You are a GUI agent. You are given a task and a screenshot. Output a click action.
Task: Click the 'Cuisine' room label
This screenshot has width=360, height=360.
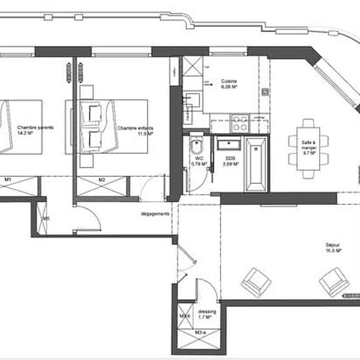point(229,80)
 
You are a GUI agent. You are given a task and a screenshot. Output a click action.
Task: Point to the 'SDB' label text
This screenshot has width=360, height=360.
point(230,159)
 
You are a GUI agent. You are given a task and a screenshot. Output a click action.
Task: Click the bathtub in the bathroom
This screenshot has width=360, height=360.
point(254,164)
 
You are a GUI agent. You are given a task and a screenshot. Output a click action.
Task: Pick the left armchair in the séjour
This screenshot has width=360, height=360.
point(256,281)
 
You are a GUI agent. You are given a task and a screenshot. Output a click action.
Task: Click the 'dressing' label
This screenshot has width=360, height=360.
point(207,312)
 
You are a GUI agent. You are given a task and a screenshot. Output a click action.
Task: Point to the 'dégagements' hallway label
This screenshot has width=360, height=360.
point(154,213)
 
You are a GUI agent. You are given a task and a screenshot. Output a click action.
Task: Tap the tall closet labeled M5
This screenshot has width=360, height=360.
point(46,218)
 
